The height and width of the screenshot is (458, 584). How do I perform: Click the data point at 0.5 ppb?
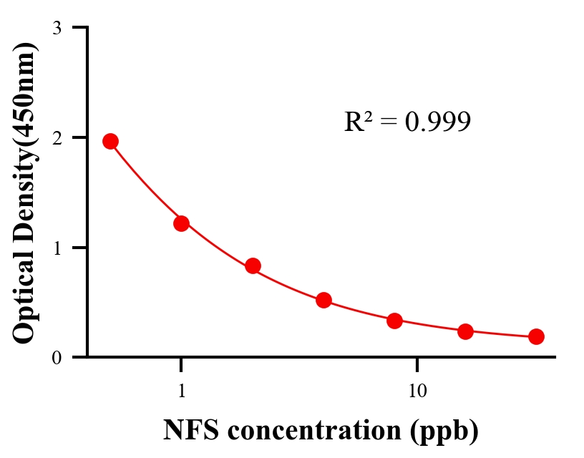(110, 141)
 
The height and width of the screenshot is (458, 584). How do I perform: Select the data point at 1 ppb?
(181, 223)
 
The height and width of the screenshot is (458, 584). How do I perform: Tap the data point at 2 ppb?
(253, 265)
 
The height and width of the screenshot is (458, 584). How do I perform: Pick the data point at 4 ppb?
(323, 300)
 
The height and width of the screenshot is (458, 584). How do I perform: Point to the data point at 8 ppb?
(394, 321)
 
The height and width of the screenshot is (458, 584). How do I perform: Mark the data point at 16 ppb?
(465, 331)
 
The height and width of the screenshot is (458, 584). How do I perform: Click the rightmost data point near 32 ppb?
(536, 336)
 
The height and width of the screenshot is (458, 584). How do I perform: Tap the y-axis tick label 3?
(57, 28)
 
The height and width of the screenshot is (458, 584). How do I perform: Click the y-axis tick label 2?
(57, 137)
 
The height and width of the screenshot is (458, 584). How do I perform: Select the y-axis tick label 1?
(57, 248)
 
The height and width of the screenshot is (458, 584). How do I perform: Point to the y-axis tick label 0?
(57, 357)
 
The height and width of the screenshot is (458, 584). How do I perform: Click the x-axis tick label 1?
(182, 391)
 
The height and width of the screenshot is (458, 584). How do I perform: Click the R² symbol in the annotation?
(357, 122)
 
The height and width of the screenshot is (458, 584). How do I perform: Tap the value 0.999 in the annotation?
(438, 122)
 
